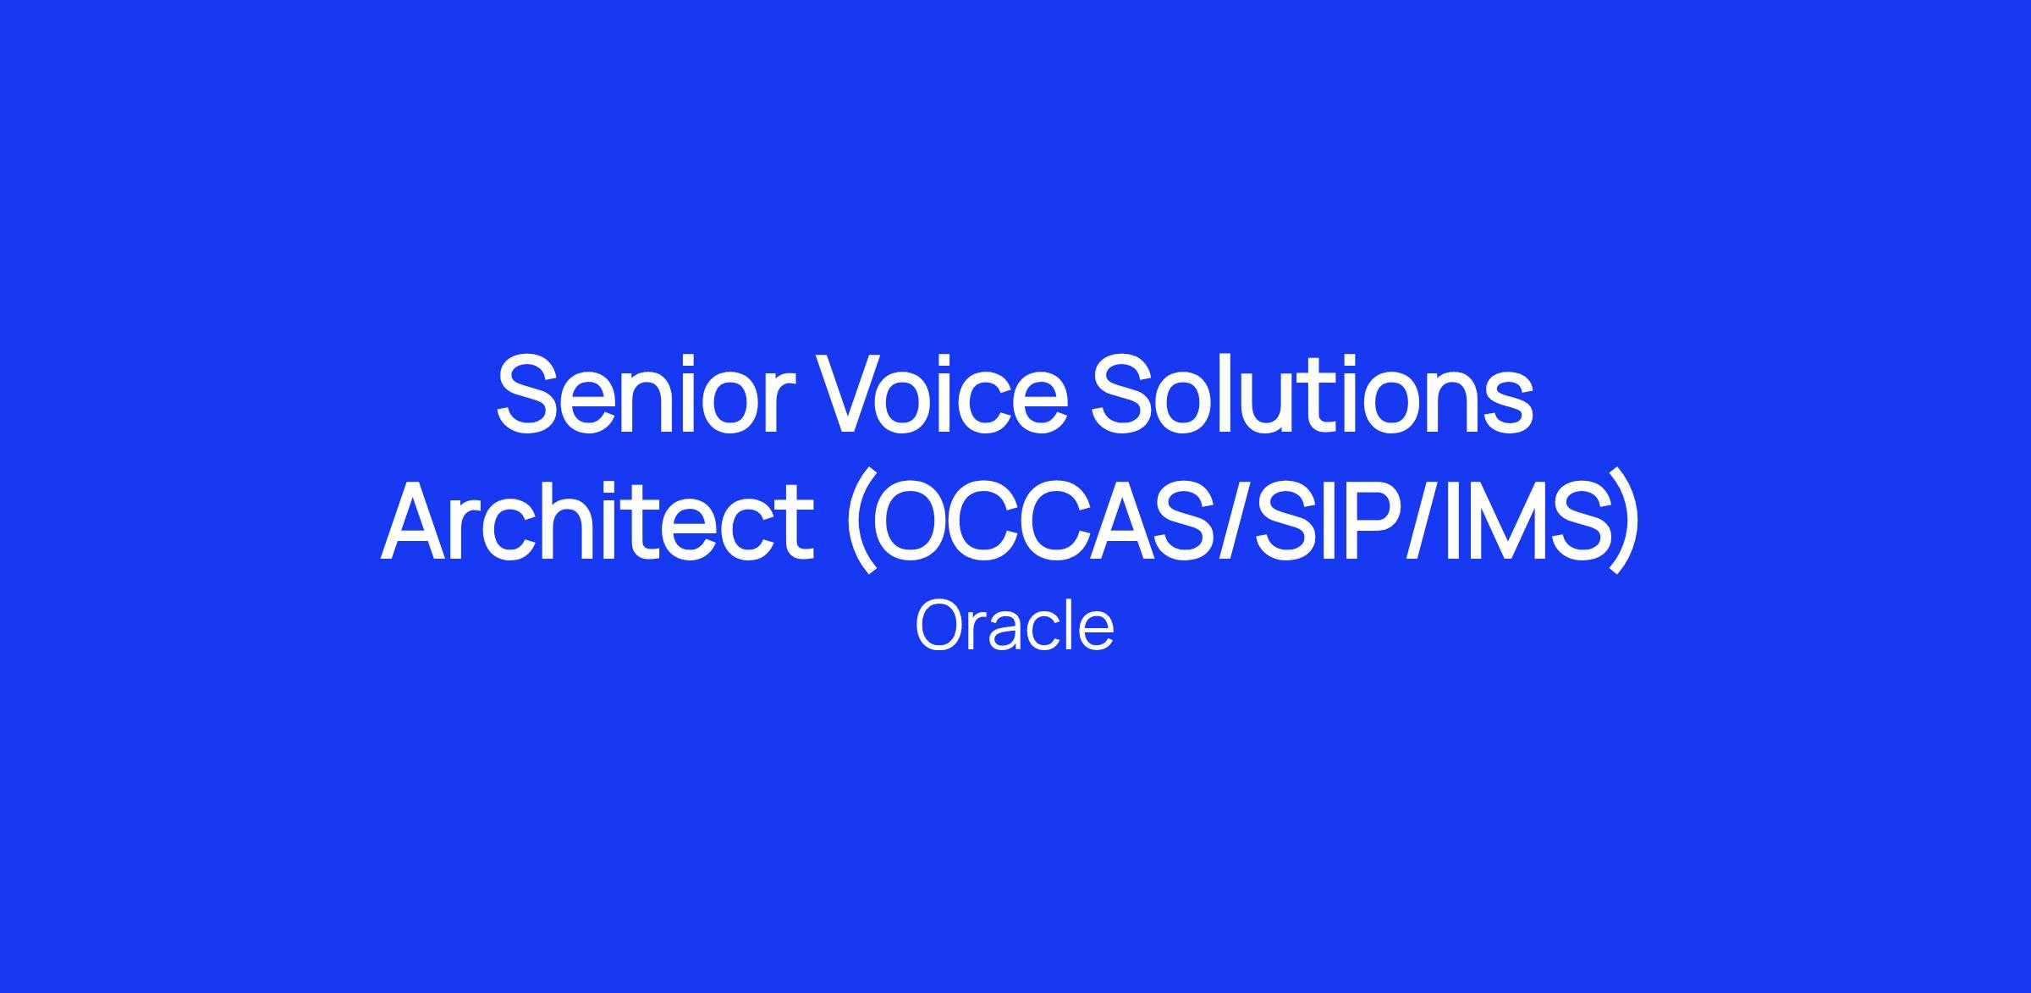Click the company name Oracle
click(1015, 626)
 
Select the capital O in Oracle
click(940, 626)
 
